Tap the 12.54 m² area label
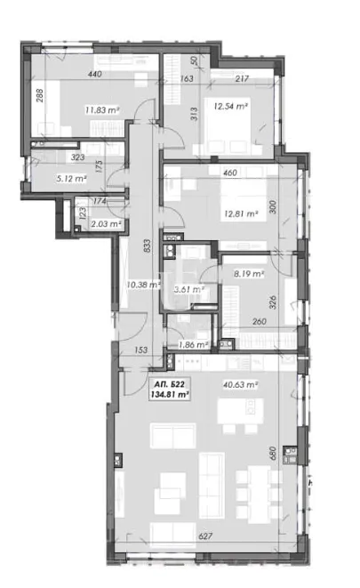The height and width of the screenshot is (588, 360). pos(231,107)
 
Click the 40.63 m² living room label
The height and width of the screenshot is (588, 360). pos(241,384)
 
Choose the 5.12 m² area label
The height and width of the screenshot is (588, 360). pos(46,174)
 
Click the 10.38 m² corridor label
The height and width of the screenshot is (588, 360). pos(142,285)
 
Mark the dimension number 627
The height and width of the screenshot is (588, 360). pos(205,536)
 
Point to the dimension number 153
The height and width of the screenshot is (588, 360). pos(141,350)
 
